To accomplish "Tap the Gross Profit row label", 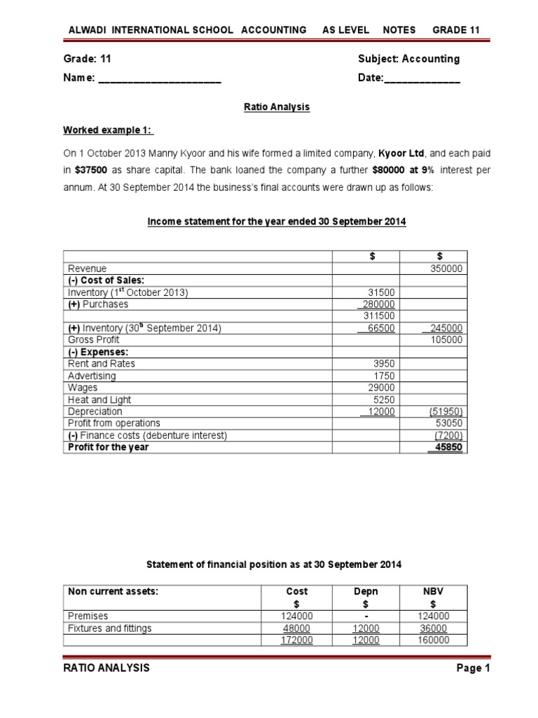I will click(x=94, y=340).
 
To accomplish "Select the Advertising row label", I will click(x=92, y=376).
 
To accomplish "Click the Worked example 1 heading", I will click(x=109, y=130).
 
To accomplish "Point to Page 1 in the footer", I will click(x=473, y=668).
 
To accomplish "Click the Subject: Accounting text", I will click(x=408, y=59).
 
